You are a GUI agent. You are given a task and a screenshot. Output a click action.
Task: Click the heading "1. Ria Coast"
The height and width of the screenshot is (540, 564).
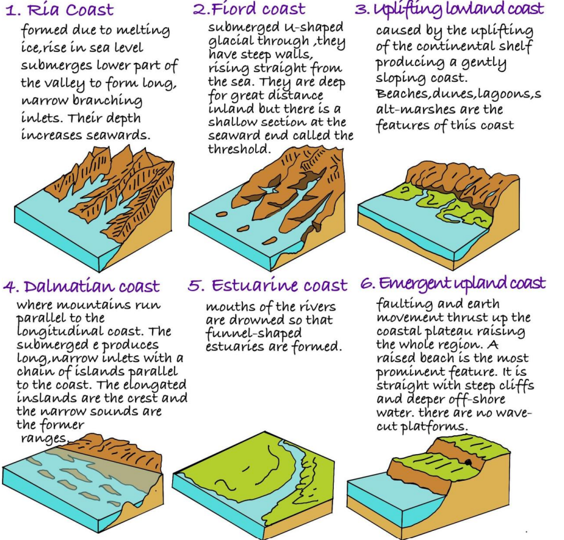click(60, 10)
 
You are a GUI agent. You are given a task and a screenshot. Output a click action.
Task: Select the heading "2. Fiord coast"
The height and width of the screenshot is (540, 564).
click(249, 9)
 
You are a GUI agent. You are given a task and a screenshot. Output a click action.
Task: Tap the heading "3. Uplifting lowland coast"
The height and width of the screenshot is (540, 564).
click(450, 9)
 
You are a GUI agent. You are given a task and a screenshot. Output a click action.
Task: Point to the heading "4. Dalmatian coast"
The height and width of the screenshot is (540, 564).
click(81, 286)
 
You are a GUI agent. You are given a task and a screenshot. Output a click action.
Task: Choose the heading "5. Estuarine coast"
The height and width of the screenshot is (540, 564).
click(268, 285)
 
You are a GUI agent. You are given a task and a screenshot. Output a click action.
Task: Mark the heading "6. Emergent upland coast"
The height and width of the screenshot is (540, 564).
click(453, 284)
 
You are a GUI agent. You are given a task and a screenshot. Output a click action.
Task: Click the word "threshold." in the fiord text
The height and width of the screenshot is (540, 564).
click(239, 148)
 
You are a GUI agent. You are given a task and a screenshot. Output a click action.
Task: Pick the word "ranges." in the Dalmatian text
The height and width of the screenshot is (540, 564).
click(45, 439)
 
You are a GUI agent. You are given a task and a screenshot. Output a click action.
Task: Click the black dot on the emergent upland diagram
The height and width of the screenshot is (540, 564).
click(468, 463)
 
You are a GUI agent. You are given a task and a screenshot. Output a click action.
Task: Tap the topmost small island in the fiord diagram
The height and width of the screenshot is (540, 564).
click(222, 214)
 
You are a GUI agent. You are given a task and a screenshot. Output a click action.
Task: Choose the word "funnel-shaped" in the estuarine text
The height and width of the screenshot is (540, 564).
click(254, 334)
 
